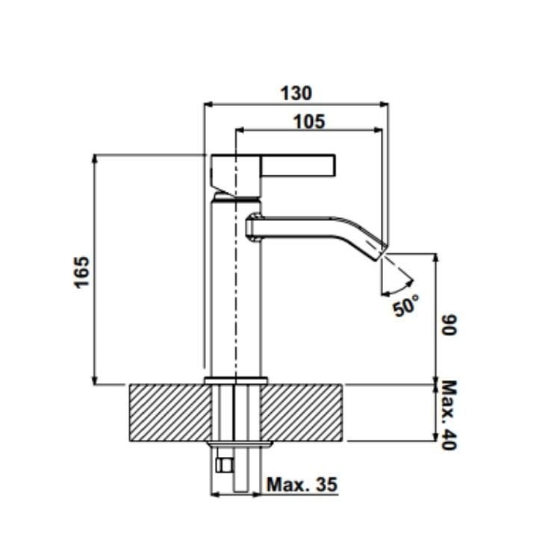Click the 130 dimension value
click(296, 93)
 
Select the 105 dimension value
click(309, 122)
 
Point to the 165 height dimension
click(81, 272)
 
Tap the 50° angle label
click(405, 305)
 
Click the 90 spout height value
click(449, 325)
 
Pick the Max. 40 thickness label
click(449, 415)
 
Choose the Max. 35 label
click(302, 485)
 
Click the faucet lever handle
click(299, 165)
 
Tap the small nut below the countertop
click(225, 465)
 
